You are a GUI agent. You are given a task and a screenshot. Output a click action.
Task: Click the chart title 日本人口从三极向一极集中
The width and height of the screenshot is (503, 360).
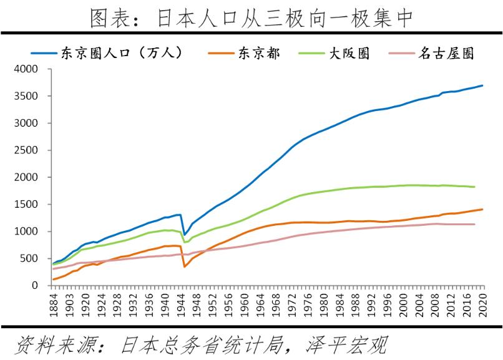pyautogui.click(x=251, y=17)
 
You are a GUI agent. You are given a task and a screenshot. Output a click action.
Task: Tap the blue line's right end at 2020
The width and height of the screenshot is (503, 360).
pyautogui.click(x=482, y=85)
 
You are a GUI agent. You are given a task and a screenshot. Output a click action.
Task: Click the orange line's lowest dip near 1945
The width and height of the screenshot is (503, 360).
pyautogui.click(x=184, y=266)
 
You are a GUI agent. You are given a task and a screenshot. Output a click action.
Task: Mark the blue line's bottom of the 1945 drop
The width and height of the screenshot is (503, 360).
pyautogui.click(x=184, y=235)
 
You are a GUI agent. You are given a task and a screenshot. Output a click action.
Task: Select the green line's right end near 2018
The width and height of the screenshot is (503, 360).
pyautogui.click(x=475, y=187)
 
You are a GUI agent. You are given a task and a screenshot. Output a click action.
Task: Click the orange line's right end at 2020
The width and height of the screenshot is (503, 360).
pyautogui.click(x=482, y=210)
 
